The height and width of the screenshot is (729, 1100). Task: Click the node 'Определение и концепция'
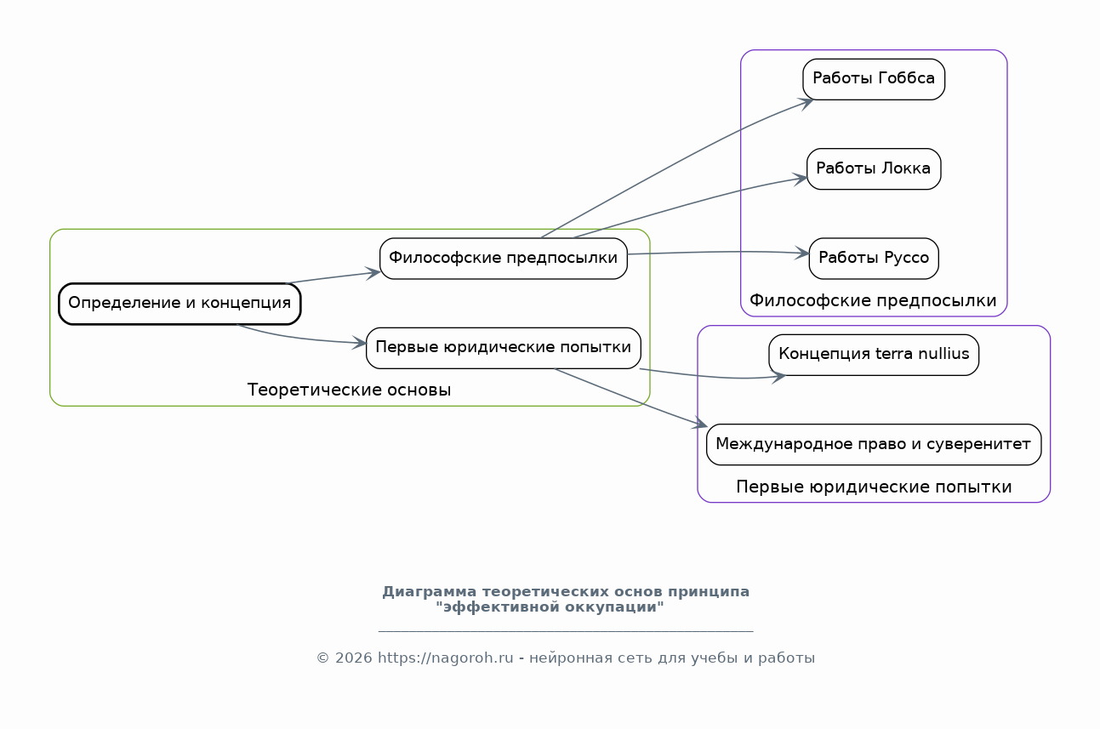pyautogui.click(x=180, y=304)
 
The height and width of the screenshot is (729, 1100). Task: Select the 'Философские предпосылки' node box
pyautogui.click(x=504, y=259)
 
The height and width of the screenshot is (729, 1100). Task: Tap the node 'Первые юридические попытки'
pyautogui.click(x=504, y=348)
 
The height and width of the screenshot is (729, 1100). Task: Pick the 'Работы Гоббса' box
pyautogui.click(x=874, y=79)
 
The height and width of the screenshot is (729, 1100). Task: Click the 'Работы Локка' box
pyautogui.click(x=874, y=169)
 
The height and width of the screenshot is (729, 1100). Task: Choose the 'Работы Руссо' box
pyautogui.click(x=874, y=259)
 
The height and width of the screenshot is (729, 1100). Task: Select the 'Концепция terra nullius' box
pyautogui.click(x=874, y=355)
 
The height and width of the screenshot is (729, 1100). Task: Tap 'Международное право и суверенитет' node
pyautogui.click(x=874, y=444)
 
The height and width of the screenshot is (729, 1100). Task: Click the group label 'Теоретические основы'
pyautogui.click(x=349, y=390)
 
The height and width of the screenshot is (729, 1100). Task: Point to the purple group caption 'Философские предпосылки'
pyautogui.click(x=873, y=300)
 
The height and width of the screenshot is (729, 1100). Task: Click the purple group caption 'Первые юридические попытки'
pyautogui.click(x=874, y=487)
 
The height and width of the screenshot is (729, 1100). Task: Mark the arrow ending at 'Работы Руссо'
pyautogui.click(x=718, y=252)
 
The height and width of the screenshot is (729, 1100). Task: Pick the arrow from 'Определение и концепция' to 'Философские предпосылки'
pyautogui.click(x=333, y=277)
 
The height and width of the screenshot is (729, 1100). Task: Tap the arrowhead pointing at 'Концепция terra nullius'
pyautogui.click(x=779, y=377)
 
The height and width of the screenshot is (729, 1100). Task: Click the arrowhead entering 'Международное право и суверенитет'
pyautogui.click(x=700, y=423)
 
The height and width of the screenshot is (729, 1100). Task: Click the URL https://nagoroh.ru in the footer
pyautogui.click(x=446, y=658)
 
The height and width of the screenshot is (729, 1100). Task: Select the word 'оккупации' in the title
pyautogui.click(x=611, y=607)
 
